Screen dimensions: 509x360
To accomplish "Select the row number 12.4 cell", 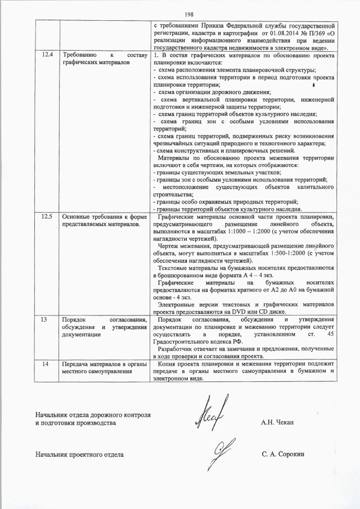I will click(x=48, y=55).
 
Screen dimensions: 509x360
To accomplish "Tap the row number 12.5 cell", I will click(x=48, y=216).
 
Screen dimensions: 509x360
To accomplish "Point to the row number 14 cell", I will click(x=48, y=364).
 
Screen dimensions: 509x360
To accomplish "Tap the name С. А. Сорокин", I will click(x=282, y=453).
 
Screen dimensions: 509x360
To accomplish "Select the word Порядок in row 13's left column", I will click(x=74, y=319).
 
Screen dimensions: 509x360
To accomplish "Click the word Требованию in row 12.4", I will click(x=80, y=55).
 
